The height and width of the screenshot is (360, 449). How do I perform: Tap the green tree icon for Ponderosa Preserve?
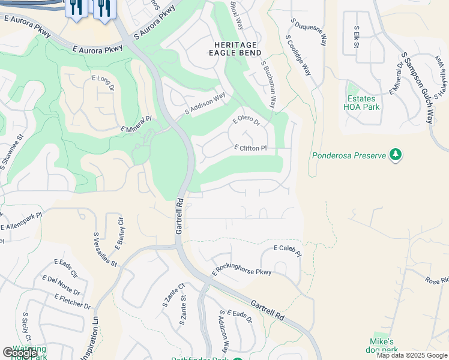[395, 155]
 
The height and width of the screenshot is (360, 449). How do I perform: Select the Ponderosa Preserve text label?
[349, 155]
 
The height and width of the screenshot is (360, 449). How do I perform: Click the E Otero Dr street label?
[246, 122]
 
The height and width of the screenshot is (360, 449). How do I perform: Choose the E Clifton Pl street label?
[250, 148]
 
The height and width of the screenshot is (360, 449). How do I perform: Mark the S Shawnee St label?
[11, 154]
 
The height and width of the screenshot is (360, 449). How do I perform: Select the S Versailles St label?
[104, 250]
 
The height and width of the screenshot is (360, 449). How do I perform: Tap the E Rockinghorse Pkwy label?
[241, 272]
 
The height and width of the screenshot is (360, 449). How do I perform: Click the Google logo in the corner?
[20, 353]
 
